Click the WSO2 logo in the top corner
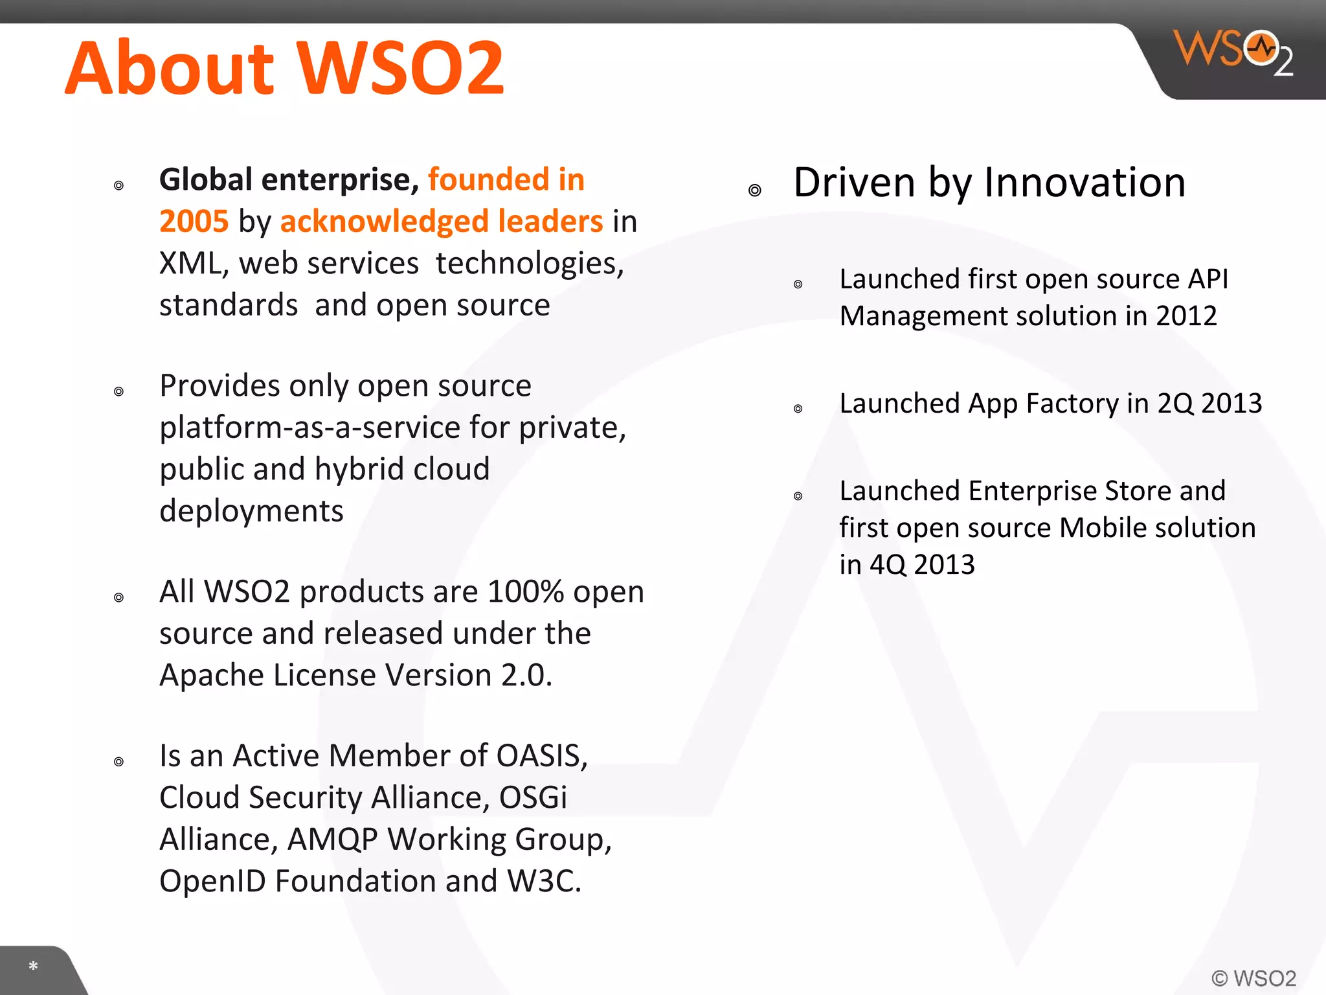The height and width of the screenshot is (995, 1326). click(x=1233, y=52)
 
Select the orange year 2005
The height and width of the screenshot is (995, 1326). click(x=194, y=222)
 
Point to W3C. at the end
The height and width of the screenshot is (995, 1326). click(x=544, y=882)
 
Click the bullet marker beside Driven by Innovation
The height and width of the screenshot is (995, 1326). click(x=754, y=190)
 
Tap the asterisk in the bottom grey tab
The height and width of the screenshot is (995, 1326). click(x=33, y=966)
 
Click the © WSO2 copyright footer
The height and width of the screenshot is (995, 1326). click(x=1253, y=978)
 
